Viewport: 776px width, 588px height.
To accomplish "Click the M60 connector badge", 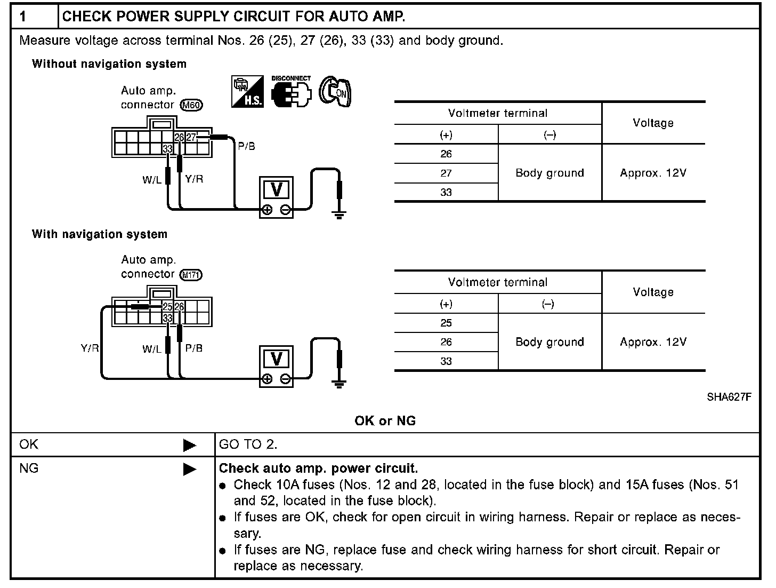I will tap(191, 105).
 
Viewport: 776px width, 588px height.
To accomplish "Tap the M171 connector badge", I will tap(191, 275).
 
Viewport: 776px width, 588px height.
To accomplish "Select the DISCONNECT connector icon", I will tap(290, 92).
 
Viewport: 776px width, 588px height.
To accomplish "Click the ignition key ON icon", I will tap(335, 92).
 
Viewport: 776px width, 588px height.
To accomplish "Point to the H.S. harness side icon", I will tap(247, 91).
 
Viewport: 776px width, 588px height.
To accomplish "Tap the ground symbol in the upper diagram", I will tap(338, 215).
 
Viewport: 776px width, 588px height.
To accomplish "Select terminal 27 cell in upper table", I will tap(446, 173).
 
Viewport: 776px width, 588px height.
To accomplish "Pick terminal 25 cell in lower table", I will tap(446, 323).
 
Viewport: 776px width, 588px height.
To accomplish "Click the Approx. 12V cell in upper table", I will tap(653, 173).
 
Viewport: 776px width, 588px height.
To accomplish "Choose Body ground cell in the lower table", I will tap(549, 342).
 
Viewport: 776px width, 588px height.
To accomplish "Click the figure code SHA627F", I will tap(729, 397).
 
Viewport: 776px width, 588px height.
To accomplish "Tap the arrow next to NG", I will tap(189, 469).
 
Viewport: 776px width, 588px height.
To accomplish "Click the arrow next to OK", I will tap(189, 445).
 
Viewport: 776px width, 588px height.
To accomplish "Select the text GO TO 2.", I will tap(248, 444).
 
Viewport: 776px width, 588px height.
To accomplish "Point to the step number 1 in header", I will tap(23, 17).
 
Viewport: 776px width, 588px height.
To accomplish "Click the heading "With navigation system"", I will tap(100, 234).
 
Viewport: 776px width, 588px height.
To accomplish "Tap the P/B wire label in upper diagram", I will tap(246, 146).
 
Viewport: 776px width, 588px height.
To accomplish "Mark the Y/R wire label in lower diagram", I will tap(90, 348).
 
